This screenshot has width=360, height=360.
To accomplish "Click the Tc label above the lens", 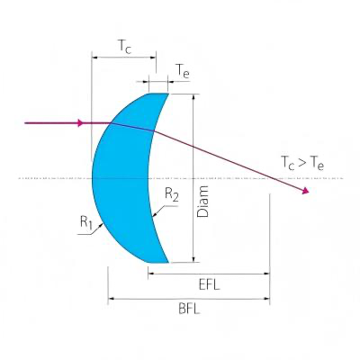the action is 125,47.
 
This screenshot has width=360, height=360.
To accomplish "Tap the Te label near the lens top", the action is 183,71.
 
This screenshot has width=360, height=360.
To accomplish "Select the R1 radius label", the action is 86,222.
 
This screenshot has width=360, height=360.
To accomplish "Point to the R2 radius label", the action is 172,195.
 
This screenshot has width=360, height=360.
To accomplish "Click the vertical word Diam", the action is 202,202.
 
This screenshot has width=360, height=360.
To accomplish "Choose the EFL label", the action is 210,285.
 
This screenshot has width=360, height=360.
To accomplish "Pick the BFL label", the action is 189,309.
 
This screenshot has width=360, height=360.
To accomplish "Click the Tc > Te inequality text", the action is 302,164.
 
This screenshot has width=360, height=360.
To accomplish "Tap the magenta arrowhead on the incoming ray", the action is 80,122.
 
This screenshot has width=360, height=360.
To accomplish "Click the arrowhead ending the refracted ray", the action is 305,191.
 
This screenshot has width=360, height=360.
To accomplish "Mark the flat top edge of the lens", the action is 158,94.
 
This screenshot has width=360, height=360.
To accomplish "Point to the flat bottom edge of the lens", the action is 158,263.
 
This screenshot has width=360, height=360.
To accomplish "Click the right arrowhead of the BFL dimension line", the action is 266,299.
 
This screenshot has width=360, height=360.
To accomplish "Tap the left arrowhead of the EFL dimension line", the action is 151,274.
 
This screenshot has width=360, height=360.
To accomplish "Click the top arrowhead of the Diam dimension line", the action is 193,97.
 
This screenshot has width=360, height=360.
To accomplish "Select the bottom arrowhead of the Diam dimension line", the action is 193,258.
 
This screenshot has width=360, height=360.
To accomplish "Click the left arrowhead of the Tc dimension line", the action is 94,57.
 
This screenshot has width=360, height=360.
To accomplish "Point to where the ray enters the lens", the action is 112,122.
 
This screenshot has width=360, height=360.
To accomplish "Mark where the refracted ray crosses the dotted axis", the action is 272,178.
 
